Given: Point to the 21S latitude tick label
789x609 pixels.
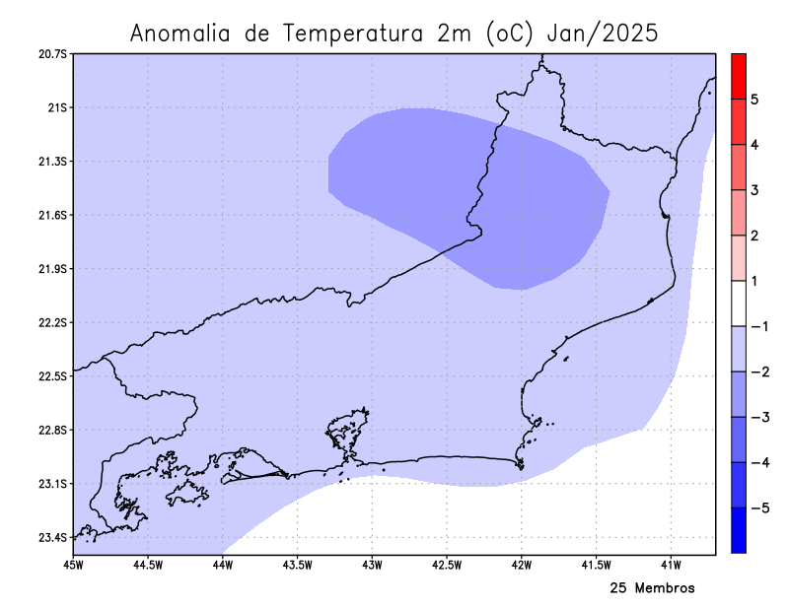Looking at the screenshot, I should click(57, 107).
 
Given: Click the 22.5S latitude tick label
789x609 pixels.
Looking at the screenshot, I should click(53, 376).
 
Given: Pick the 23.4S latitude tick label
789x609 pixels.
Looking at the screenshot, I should click(53, 538).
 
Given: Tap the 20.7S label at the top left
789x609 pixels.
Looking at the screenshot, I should click(53, 53).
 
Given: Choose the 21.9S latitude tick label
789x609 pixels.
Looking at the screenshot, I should click(53, 269).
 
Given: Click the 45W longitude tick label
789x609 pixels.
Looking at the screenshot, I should click(73, 565).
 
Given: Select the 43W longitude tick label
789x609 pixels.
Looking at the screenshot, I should click(372, 565).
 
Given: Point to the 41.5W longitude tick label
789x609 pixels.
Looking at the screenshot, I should click(597, 565).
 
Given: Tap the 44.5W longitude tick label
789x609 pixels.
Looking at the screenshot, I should click(148, 565).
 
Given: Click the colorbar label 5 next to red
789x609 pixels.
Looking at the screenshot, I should click(753, 100).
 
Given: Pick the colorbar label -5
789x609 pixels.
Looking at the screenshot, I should click(756, 508).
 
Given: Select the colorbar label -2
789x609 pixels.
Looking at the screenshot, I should click(756, 372).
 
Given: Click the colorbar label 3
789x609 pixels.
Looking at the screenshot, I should click(753, 190).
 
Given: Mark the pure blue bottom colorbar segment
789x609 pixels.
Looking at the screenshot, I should click(738, 530).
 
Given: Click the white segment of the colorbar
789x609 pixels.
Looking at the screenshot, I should click(738, 304).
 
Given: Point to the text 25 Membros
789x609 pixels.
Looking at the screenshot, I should click(652, 588).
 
